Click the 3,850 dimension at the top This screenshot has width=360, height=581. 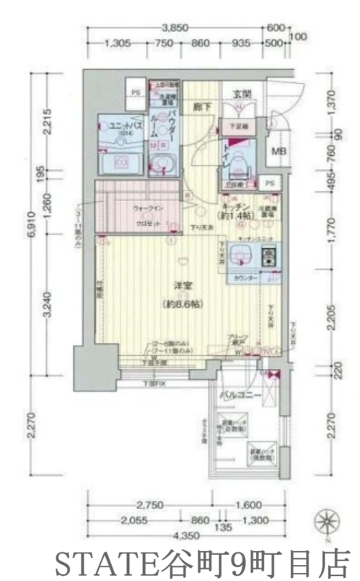(x=175, y=28)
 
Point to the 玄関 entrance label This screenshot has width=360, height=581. (x=242, y=94)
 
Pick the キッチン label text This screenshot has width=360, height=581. (x=237, y=206)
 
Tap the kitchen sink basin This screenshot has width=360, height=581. (x=241, y=256)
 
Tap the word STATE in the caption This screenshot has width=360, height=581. (x=92, y=563)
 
